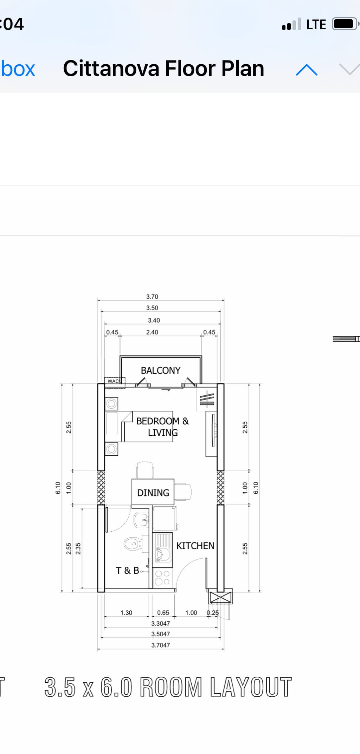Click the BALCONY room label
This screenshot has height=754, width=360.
pyautogui.click(x=160, y=370)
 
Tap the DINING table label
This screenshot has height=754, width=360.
pyautogui.click(x=153, y=493)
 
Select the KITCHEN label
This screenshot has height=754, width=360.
pyautogui.click(x=195, y=546)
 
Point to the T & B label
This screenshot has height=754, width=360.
pyautogui.click(x=127, y=570)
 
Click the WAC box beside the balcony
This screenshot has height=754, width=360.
pyautogui.click(x=114, y=381)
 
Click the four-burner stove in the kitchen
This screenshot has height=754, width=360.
pyautogui.click(x=162, y=578)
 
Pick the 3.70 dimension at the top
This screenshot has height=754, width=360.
pyautogui.click(x=152, y=297)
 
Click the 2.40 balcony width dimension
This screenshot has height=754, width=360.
pyautogui.click(x=152, y=332)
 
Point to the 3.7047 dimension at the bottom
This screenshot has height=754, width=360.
pyautogui.click(x=160, y=645)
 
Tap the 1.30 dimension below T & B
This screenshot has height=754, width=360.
pyautogui.click(x=126, y=613)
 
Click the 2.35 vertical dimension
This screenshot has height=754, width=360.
pyautogui.click(x=78, y=548)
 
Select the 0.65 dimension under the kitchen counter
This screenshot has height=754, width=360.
pyautogui.click(x=163, y=613)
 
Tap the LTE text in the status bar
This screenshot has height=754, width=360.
pyautogui.click(x=316, y=25)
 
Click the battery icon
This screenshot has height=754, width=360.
pyautogui.click(x=344, y=24)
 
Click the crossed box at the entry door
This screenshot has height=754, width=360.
pyautogui.click(x=220, y=597)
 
